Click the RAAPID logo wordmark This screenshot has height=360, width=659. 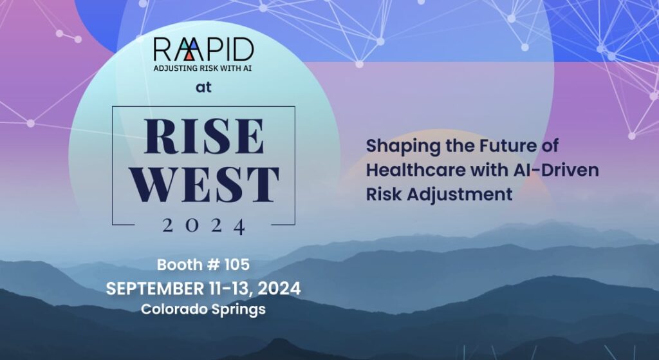pos(203,50)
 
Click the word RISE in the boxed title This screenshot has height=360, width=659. pos(203,136)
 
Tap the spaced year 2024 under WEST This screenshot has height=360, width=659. pos(203,225)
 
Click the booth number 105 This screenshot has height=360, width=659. pos(237,264)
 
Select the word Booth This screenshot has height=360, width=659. pos(180,264)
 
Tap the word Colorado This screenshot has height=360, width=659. pos(172,309)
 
